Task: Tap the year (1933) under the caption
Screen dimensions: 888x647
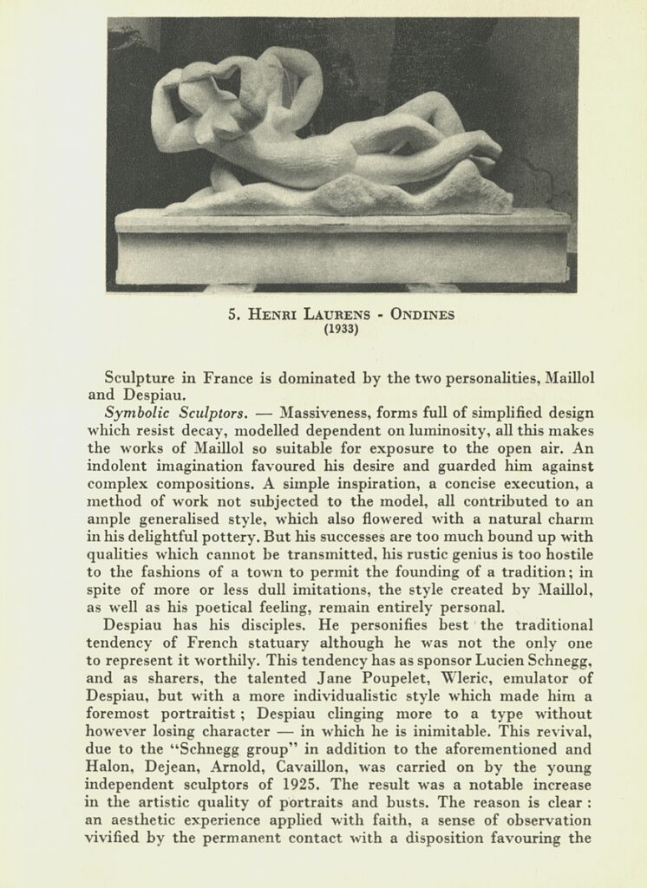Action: click(342, 330)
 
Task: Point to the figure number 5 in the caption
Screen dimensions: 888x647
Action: click(232, 316)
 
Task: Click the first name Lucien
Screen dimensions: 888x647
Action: click(471, 661)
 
